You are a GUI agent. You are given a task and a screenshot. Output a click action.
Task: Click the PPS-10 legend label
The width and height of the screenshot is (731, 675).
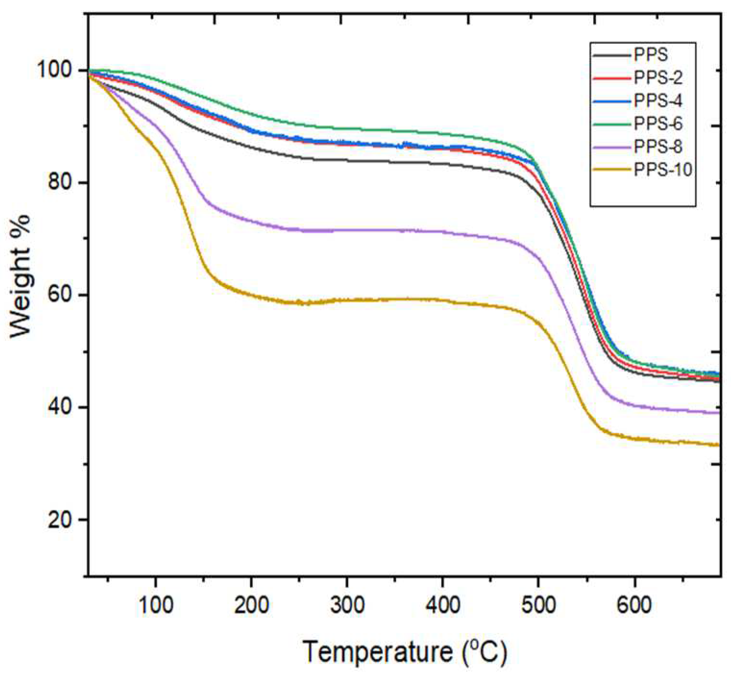pyautogui.click(x=663, y=170)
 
